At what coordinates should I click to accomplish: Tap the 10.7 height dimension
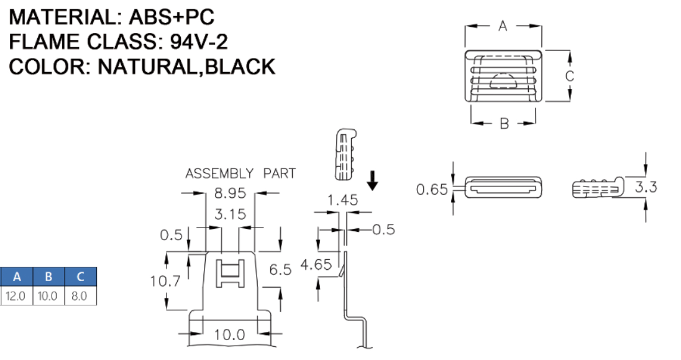[x=165, y=281]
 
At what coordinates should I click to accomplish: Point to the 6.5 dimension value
[x=280, y=270]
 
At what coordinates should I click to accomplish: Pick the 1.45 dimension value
[x=342, y=200]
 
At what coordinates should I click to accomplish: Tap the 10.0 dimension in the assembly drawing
[x=229, y=335]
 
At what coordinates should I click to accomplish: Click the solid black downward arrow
[x=373, y=181]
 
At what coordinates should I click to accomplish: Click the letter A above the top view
[x=503, y=26]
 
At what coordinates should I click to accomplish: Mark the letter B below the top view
[x=504, y=124]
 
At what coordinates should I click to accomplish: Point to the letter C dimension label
[x=569, y=76]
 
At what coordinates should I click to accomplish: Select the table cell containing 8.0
[x=80, y=296]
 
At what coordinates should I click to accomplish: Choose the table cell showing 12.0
[x=16, y=296]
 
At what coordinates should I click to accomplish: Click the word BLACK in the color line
[x=240, y=67]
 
